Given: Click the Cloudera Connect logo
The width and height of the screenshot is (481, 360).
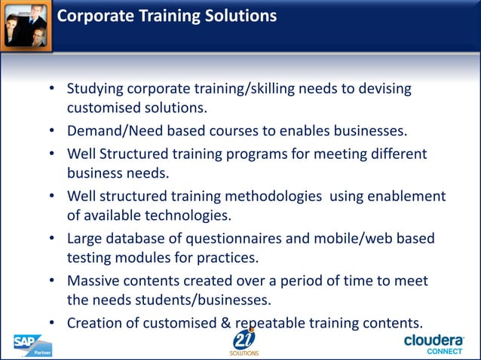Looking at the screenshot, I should [434, 343].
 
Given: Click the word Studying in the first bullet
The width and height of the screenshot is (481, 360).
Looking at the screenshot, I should [95, 89].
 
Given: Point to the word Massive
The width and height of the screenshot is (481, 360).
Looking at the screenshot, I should [93, 280].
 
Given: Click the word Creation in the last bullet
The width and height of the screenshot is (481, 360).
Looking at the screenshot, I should [94, 322].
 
